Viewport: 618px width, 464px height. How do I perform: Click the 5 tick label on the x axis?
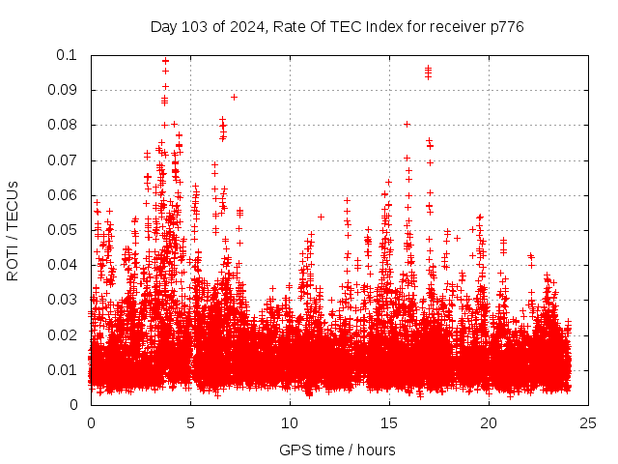coord(190,422)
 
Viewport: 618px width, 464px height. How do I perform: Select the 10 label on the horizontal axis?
coord(290,422)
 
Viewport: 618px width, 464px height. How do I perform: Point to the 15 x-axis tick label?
coord(389,422)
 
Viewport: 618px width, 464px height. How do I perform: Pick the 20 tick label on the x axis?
coord(489,422)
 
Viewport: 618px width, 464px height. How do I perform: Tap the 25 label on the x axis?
coord(588,422)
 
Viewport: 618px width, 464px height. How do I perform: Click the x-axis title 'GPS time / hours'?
coord(337,449)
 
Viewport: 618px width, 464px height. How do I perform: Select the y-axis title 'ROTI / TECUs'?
coord(13,230)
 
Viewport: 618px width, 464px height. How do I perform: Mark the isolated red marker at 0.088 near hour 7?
coord(234,97)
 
